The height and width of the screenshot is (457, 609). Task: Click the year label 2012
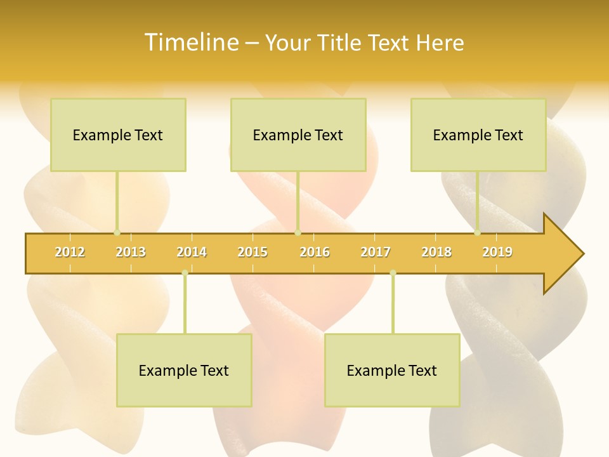70,252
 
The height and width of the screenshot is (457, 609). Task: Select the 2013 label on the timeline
131,252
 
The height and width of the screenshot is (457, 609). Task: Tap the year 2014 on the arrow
192,252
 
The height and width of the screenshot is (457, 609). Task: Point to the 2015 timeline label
252,252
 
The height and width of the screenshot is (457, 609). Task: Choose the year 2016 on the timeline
315,252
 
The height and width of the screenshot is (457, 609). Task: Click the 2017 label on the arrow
376,252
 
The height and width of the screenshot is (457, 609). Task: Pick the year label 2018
436,252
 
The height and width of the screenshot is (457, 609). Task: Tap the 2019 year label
497,252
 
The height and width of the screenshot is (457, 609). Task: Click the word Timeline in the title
190,43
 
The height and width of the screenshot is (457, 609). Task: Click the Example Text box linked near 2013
118,135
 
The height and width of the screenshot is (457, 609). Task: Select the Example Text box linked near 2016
298,135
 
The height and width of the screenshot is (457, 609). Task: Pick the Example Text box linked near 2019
478,135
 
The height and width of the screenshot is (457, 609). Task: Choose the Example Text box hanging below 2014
184,370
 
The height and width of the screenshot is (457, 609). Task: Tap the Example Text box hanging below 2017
392,370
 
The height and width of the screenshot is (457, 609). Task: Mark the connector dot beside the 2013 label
117,232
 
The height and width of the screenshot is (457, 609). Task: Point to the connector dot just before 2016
298,232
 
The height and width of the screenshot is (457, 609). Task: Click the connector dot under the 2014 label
185,273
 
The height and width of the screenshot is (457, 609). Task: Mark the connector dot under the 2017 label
393,273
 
